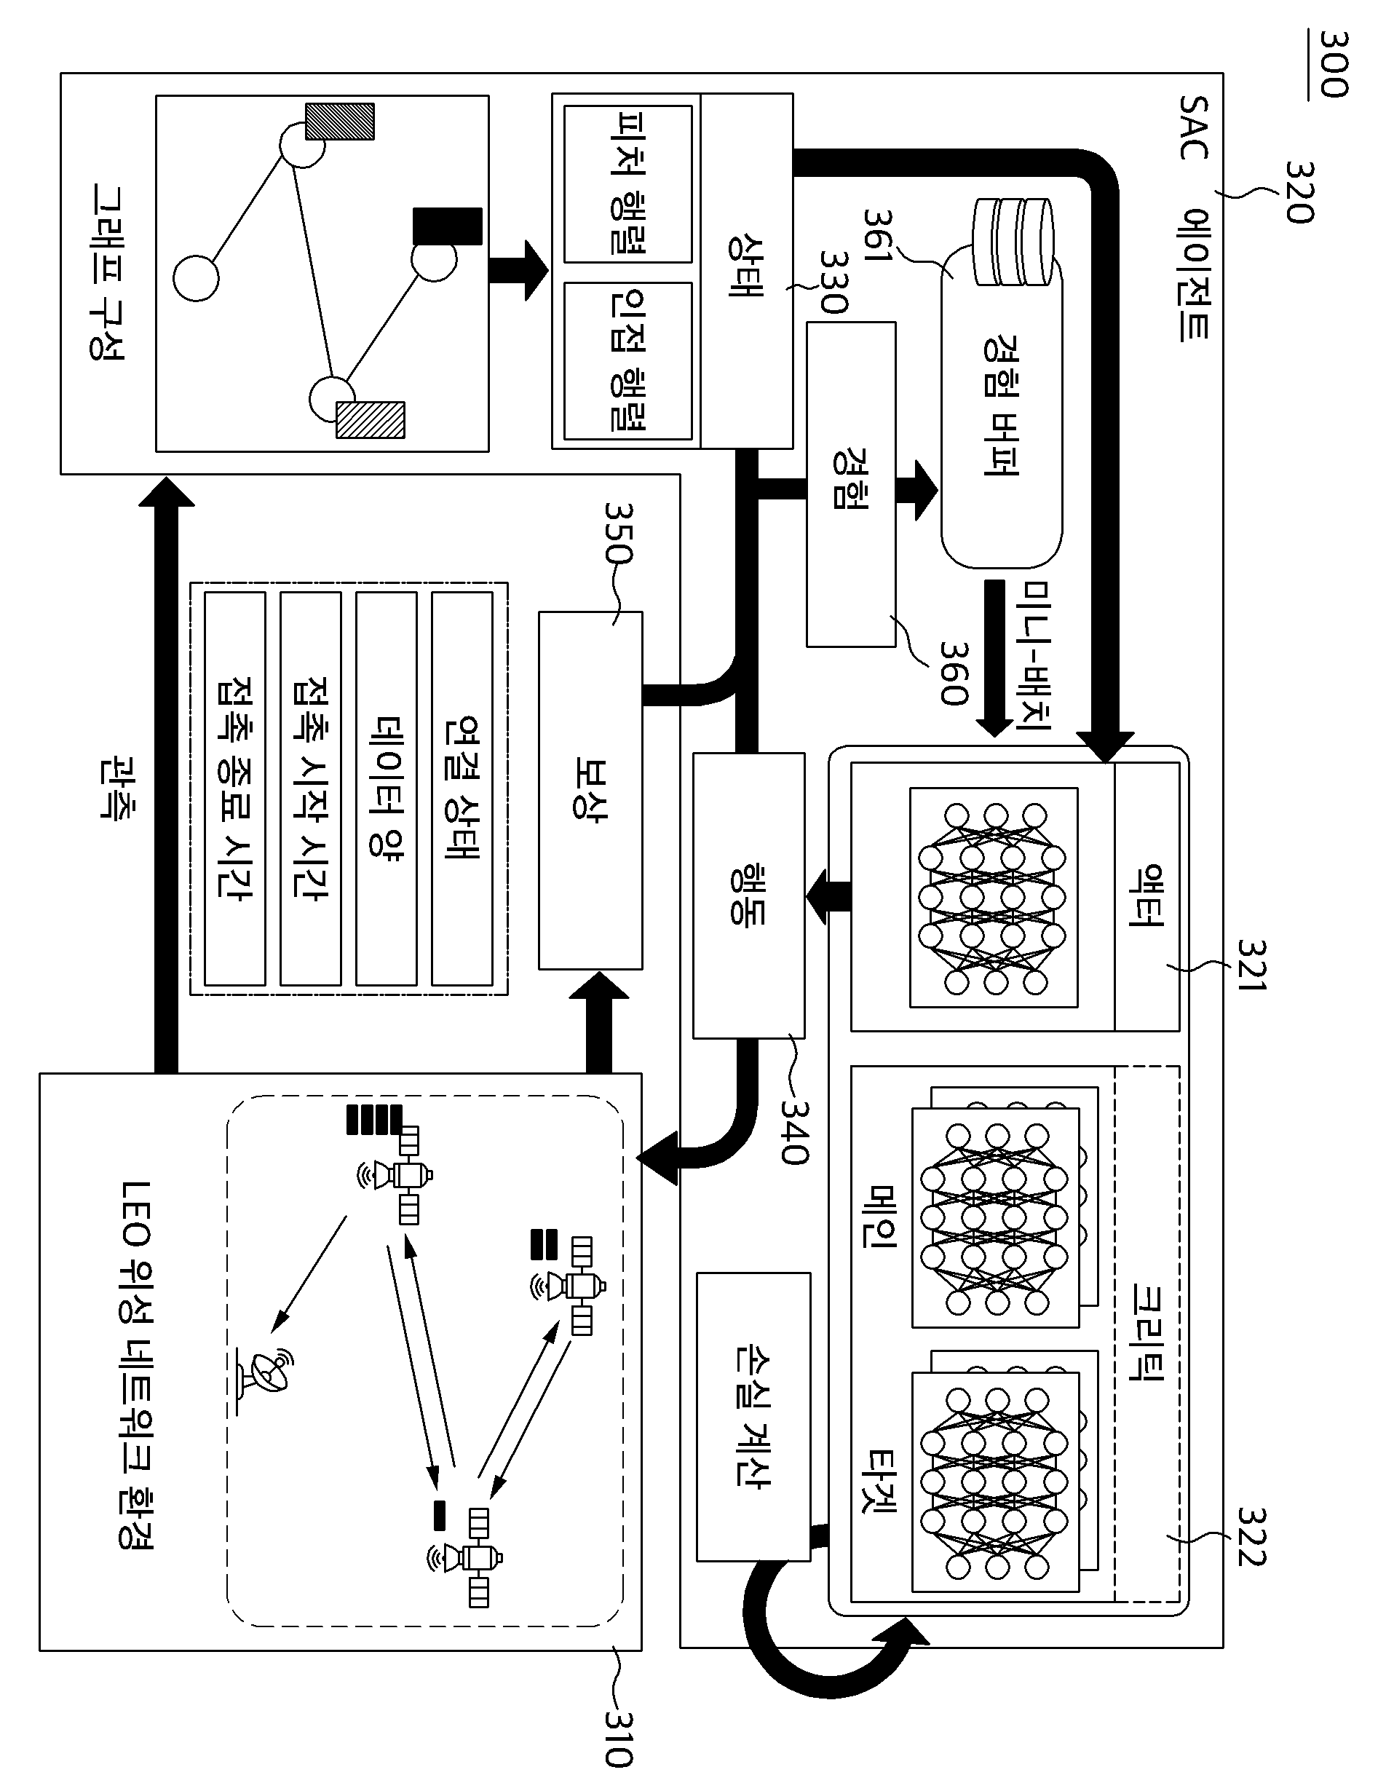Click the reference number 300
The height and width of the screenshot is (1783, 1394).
pyautogui.click(x=1334, y=65)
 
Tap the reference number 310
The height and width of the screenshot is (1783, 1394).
pyautogui.click(x=618, y=1734)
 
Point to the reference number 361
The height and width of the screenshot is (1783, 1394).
pyautogui.click(x=878, y=236)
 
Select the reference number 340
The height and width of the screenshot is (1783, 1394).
pyautogui.click(x=793, y=1131)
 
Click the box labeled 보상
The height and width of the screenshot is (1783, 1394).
pyautogui.click(x=590, y=790)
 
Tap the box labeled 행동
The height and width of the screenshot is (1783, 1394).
pyautogui.click(x=748, y=896)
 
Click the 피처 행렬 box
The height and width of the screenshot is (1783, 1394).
pyautogui.click(x=627, y=184)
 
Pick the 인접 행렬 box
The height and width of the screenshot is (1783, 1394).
pyautogui.click(x=627, y=361)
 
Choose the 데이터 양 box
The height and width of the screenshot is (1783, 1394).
pyautogui.click(x=386, y=788)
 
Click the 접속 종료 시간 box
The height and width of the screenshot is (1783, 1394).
pyautogui.click(x=235, y=788)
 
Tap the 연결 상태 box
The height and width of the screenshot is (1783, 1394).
pyautogui.click(x=462, y=788)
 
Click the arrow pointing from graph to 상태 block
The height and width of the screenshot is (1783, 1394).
pyautogui.click(x=518, y=270)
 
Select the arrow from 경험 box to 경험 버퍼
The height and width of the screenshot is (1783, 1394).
pyautogui.click(x=917, y=490)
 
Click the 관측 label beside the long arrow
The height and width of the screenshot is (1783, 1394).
pyautogui.click(x=117, y=788)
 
